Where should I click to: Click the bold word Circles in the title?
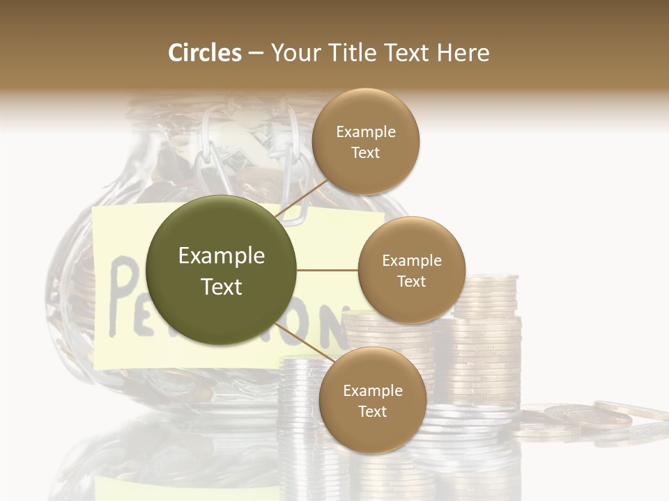(x=204, y=53)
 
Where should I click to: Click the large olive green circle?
(x=221, y=270)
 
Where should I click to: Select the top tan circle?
(x=365, y=141)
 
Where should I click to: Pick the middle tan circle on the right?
(x=411, y=270)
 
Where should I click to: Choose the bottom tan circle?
(x=372, y=400)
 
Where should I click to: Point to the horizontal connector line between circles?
(x=327, y=270)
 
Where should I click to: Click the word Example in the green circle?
(x=221, y=255)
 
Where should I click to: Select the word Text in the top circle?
(x=365, y=152)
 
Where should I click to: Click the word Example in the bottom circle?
(x=372, y=390)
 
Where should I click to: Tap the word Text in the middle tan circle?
(x=411, y=281)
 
